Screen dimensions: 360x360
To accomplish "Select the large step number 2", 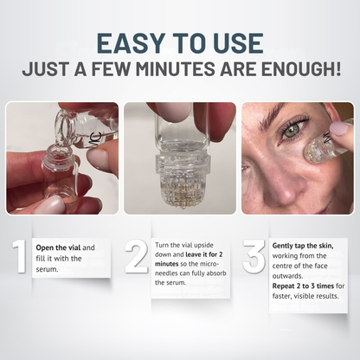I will point(136,257).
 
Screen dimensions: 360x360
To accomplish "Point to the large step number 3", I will point(254,257).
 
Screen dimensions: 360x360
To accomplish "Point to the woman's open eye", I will point(295,134).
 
